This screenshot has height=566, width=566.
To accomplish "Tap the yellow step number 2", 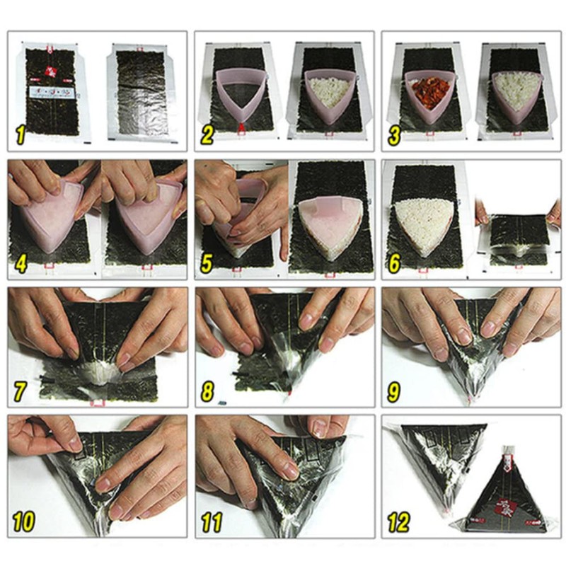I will click(207, 134).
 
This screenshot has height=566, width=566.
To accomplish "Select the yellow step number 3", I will click(394, 134).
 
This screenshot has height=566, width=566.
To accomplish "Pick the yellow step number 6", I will click(394, 263).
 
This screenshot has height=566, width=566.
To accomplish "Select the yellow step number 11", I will click(211, 523).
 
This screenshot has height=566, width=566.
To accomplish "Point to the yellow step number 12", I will click(399, 523).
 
